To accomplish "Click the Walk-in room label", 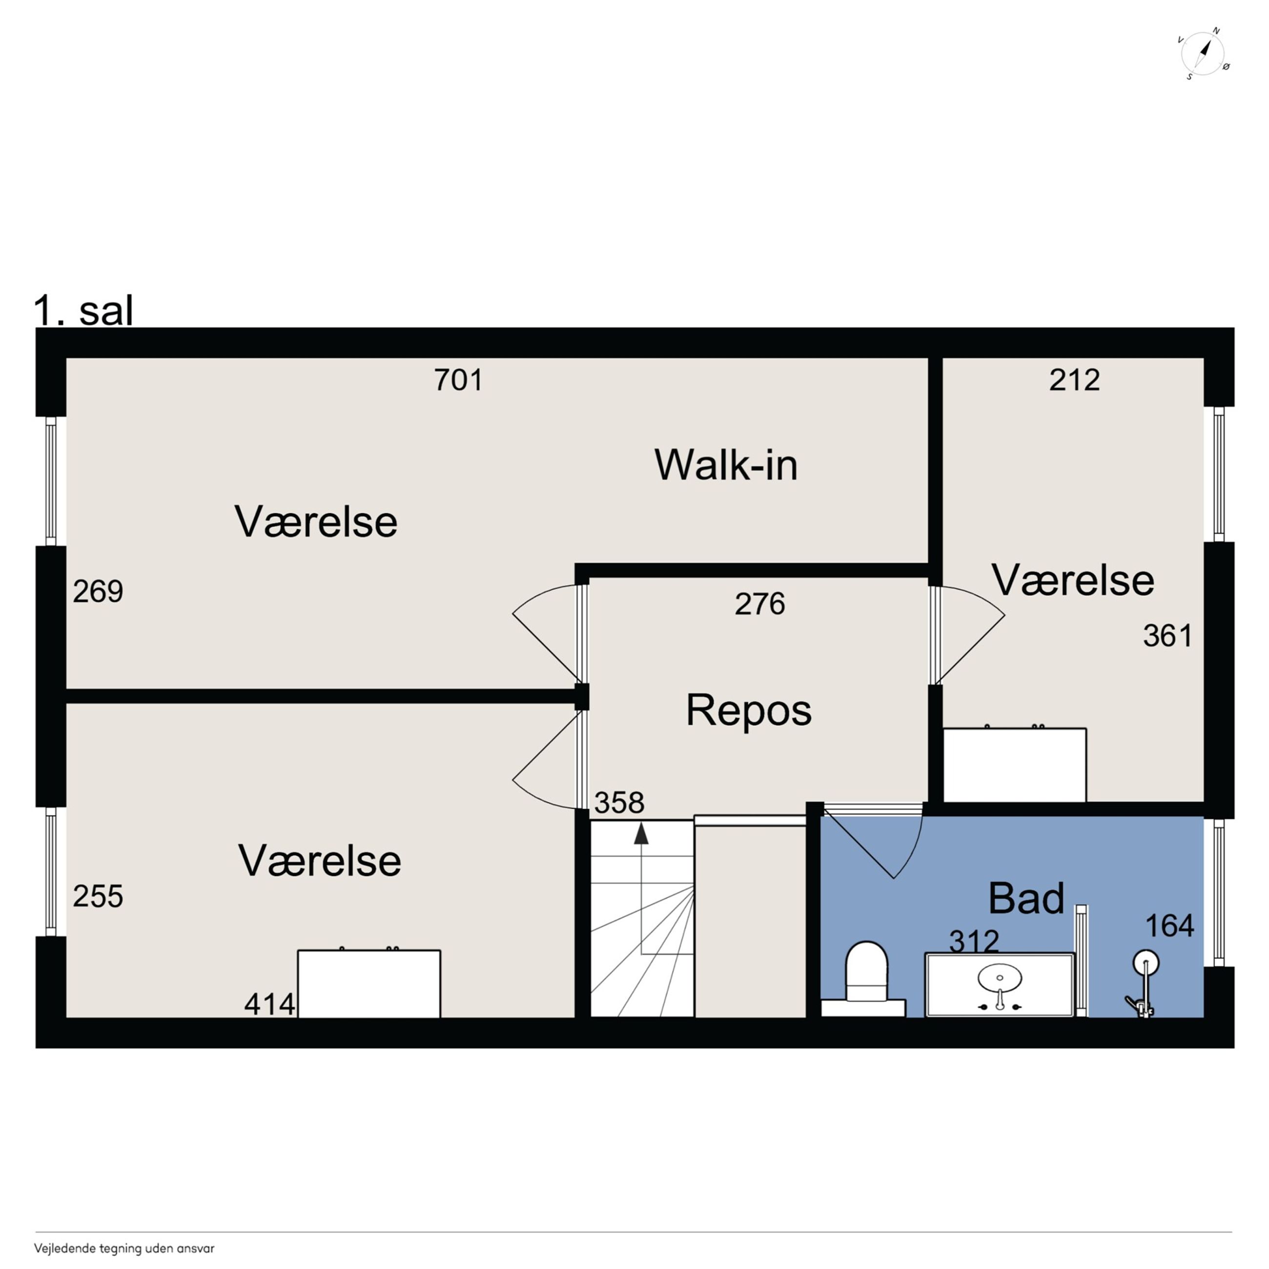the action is click(726, 465).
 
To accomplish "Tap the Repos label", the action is click(749, 710).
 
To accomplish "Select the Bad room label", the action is click(1026, 898).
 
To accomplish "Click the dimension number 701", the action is click(458, 380).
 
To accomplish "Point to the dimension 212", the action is click(1075, 380).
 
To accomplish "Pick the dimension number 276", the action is click(760, 604).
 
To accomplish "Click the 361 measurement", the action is click(1168, 636).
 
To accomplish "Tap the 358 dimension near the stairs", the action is click(619, 802).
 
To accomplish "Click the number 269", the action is click(98, 591).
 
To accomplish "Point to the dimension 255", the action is click(98, 896).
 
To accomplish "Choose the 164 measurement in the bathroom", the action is click(1170, 926).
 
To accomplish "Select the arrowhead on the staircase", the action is click(641, 834).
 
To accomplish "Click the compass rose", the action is click(1203, 53).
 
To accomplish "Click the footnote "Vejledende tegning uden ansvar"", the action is click(124, 1248).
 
